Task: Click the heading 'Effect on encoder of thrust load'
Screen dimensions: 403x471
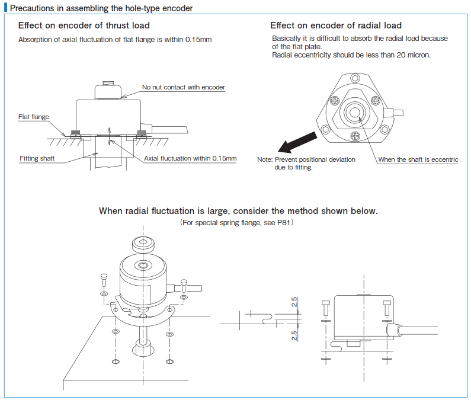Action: click(x=84, y=25)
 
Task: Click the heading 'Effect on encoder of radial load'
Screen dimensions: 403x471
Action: click(x=335, y=25)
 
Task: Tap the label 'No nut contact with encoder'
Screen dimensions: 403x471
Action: click(x=183, y=87)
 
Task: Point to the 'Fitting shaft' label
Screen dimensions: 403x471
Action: click(x=37, y=158)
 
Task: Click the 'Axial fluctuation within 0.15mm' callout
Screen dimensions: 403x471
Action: click(x=190, y=158)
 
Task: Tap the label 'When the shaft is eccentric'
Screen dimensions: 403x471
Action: click(x=418, y=160)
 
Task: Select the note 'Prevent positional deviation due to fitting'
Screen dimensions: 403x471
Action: click(x=306, y=164)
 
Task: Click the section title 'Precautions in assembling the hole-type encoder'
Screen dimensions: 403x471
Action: click(x=101, y=8)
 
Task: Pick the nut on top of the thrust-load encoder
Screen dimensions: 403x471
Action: click(x=108, y=89)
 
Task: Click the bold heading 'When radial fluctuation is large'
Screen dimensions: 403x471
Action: click(x=238, y=210)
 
